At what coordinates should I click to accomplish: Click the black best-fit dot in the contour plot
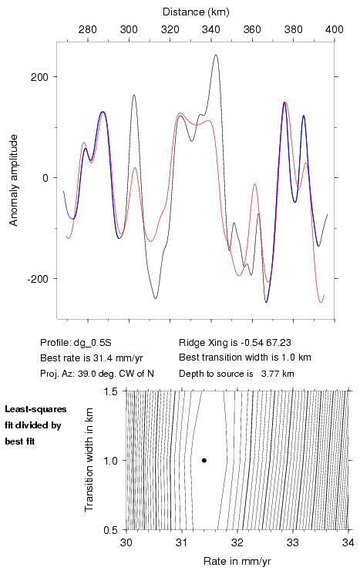[204, 460]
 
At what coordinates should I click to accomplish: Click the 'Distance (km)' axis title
[196, 12]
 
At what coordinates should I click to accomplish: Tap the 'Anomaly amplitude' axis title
[14, 180]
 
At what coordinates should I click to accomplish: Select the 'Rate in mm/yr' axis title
[237, 561]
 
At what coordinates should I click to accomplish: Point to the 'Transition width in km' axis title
[89, 460]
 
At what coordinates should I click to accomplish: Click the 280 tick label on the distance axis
[88, 29]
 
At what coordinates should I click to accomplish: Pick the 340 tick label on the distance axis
[211, 29]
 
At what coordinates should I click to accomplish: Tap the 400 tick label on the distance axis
[335, 29]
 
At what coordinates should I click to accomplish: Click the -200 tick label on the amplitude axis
[38, 279]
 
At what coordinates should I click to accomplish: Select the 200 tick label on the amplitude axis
[40, 77]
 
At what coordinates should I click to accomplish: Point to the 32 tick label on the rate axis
[237, 542]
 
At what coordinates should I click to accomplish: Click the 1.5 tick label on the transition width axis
[110, 391]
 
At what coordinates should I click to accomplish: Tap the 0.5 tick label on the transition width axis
[110, 530]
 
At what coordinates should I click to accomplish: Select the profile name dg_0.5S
[93, 343]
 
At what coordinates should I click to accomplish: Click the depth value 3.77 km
[278, 374]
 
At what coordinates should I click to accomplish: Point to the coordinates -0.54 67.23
[266, 343]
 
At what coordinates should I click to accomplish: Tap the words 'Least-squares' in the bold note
[35, 409]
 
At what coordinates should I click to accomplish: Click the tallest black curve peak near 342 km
[216, 55]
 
